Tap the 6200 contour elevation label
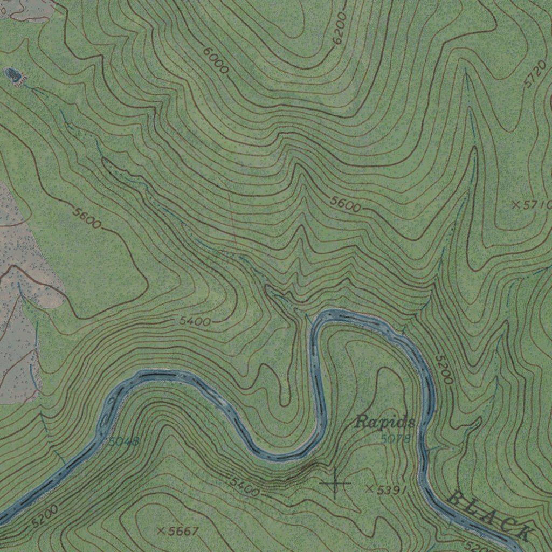pyautogui.click(x=341, y=29)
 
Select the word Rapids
pyautogui.click(x=385, y=422)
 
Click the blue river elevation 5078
pyautogui.click(x=395, y=439)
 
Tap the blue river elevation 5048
pyautogui.click(x=123, y=442)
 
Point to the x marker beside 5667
pyautogui.click(x=160, y=531)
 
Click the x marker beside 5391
pyautogui.click(x=369, y=489)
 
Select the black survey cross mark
pyautogui.click(x=335, y=483)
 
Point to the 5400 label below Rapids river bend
pyautogui.click(x=245, y=486)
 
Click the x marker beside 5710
pyautogui.click(x=516, y=204)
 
